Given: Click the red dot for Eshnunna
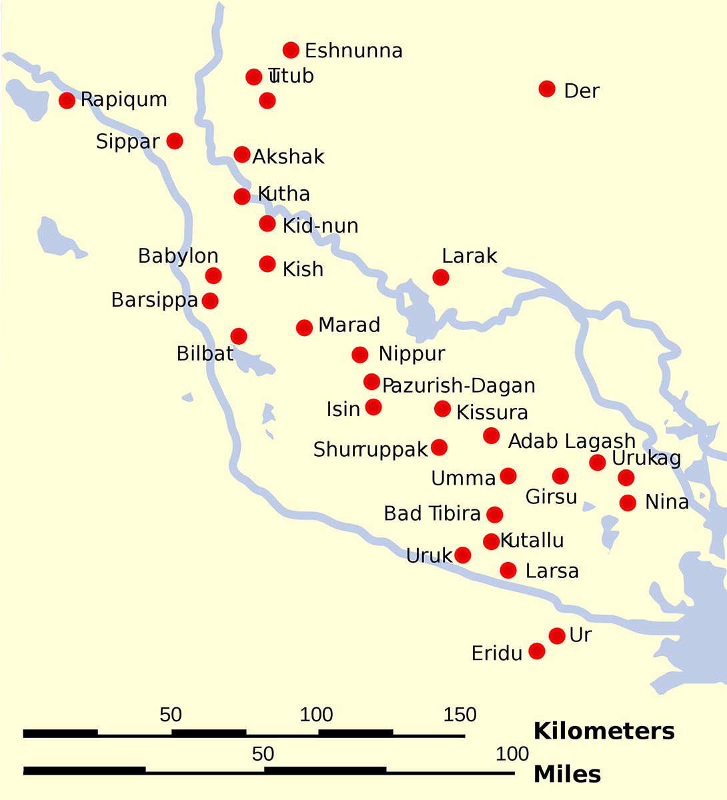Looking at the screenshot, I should pyautogui.click(x=291, y=50).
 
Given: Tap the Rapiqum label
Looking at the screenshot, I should pyautogui.click(x=124, y=100).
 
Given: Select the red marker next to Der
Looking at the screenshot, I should pyautogui.click(x=547, y=89).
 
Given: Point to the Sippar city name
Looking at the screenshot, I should pyautogui.click(x=128, y=141).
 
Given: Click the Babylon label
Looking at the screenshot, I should pyautogui.click(x=178, y=256).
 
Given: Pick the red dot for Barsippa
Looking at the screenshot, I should pyautogui.click(x=210, y=301).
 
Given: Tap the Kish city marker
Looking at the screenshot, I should pyautogui.click(x=267, y=264).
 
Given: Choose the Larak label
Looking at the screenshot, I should pyautogui.click(x=470, y=256).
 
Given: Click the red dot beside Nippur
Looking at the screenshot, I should pyautogui.click(x=360, y=354).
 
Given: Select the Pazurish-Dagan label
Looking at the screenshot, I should pyautogui.click(x=459, y=385).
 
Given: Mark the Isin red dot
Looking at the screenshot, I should pyautogui.click(x=374, y=407).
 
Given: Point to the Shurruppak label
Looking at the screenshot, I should pyautogui.click(x=370, y=450).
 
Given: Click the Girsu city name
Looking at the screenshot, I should pyautogui.click(x=552, y=497).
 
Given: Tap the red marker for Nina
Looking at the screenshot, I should pyautogui.click(x=628, y=503).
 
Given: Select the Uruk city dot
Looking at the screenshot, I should pyautogui.click(x=462, y=555).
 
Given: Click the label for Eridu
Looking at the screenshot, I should pyautogui.click(x=497, y=653).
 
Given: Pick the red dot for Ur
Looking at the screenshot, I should pyautogui.click(x=557, y=636).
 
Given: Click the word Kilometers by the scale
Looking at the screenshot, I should pyautogui.click(x=604, y=731).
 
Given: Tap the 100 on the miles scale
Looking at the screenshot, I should pyautogui.click(x=513, y=754).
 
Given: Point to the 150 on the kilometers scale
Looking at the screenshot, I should pyautogui.click(x=460, y=715).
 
